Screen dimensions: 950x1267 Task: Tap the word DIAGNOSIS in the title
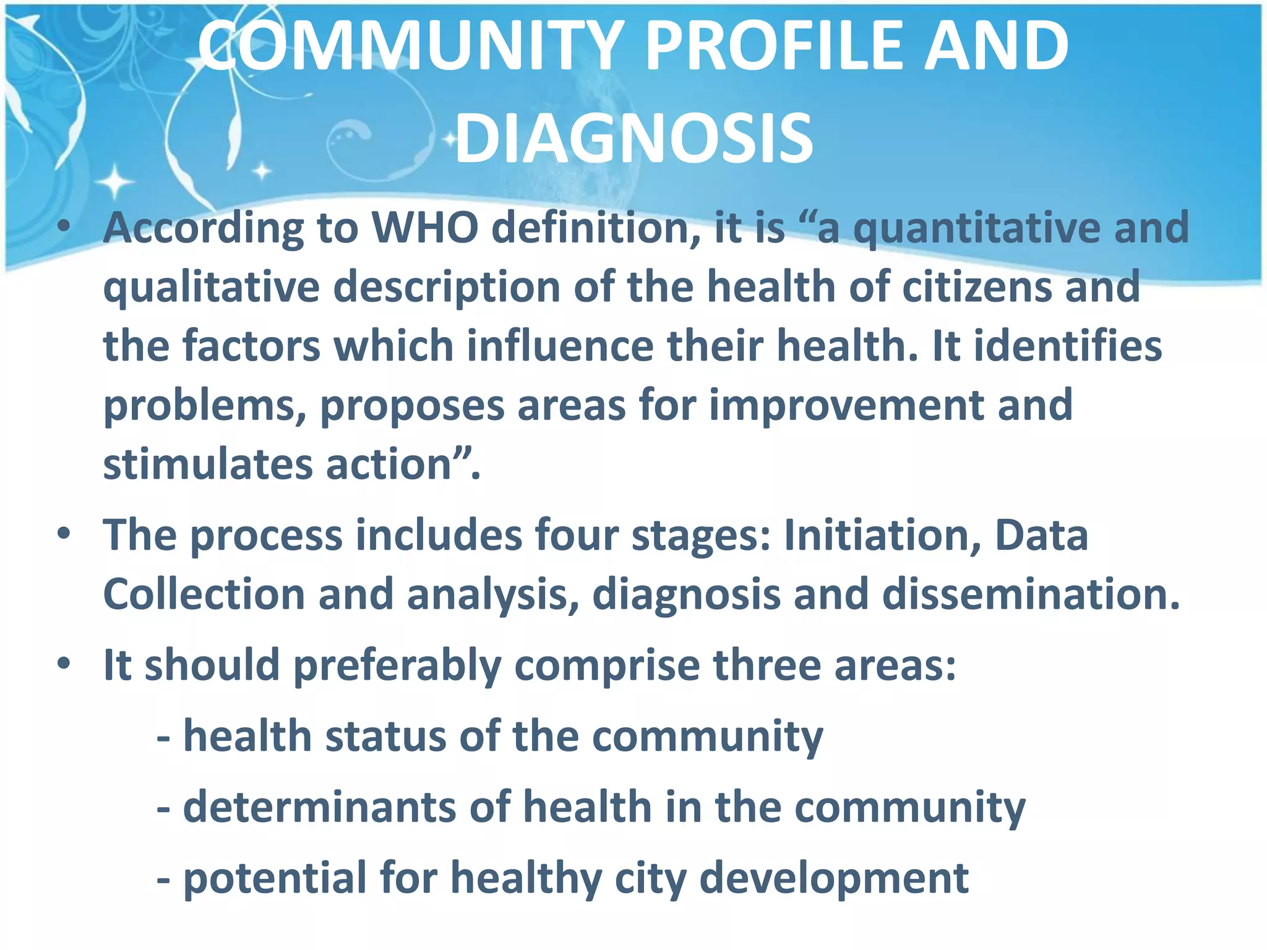click(634, 140)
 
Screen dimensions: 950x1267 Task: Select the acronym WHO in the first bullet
click(424, 228)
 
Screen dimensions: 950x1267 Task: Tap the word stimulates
click(208, 464)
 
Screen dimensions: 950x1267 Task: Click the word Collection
click(204, 594)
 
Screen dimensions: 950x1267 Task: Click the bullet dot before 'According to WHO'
click(63, 228)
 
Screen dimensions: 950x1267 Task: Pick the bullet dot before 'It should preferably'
click(63, 664)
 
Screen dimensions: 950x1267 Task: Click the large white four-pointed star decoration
click(114, 182)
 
